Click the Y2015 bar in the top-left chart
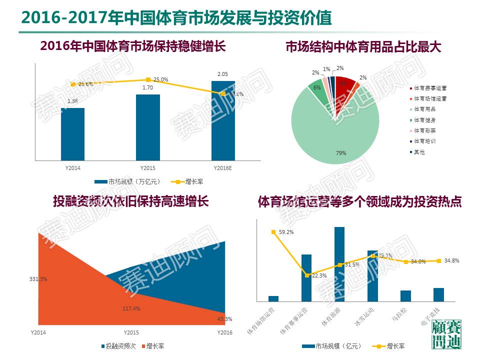click(148, 127)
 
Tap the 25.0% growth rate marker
click(148, 80)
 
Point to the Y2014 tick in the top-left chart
click(73, 168)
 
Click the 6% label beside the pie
click(317, 87)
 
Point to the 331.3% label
click(38, 279)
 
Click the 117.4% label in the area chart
click(131, 308)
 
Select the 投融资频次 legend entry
click(118, 346)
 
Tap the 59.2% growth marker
click(273, 232)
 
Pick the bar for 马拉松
click(405, 296)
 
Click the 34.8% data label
click(451, 260)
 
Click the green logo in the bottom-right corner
click(446, 334)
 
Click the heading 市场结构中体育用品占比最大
click(363, 47)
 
